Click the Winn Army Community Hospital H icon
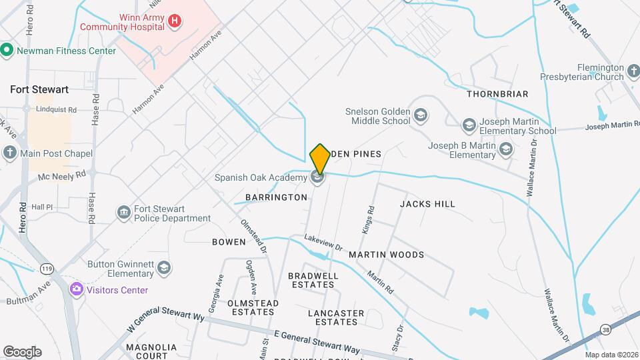[175, 21]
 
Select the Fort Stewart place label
[39, 89]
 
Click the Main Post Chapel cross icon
[9, 153]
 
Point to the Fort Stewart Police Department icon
[124, 213]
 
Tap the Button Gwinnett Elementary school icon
[163, 268]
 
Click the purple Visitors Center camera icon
[77, 289]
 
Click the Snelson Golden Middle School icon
[420, 117]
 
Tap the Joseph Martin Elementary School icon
[469, 125]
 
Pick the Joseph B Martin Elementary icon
[505, 149]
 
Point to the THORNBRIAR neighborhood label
[497, 94]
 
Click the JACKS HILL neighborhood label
[427, 204]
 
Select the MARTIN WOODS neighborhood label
[386, 255]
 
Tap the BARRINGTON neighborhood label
[276, 197]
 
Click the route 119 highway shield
[47, 269]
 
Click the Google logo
[22, 351]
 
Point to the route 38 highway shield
[605, 329]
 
